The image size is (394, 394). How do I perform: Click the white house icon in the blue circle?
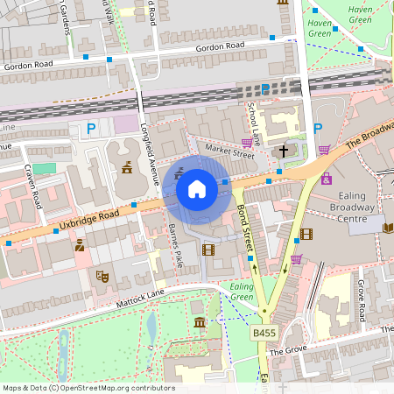[x=196, y=188]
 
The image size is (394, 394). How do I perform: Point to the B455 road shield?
[x=264, y=333]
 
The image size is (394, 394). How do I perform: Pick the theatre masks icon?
[x=102, y=276]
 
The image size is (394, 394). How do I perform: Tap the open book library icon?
[x=388, y=228]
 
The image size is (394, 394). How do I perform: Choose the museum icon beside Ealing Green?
[x=201, y=324]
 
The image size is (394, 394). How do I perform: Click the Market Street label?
[x=229, y=150]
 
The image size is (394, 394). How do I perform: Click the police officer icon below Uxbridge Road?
[x=79, y=246]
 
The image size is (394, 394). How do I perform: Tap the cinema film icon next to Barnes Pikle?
[x=208, y=250]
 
